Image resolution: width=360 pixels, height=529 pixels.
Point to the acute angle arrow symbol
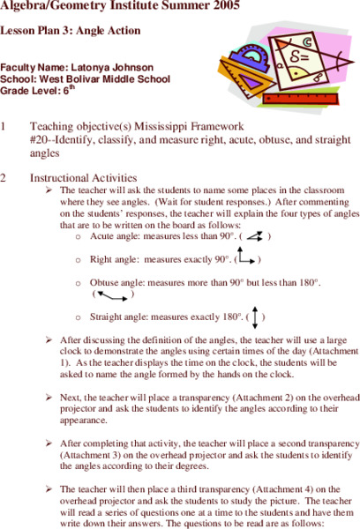tap(254, 236)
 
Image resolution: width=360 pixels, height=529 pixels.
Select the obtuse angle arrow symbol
tap(112, 293)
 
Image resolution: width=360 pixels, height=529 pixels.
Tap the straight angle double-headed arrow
tap(254, 315)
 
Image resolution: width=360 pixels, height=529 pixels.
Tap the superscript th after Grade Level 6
tap(70, 86)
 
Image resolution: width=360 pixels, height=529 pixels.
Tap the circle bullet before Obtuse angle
tap(80, 283)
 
